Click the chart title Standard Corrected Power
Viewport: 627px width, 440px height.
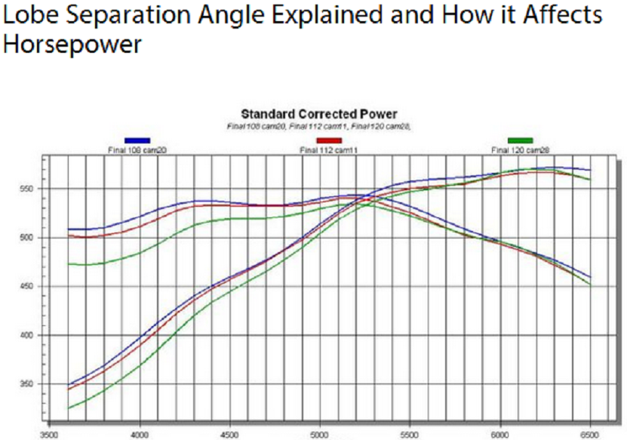tap(318, 115)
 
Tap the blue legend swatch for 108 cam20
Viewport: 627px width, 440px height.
tap(137, 140)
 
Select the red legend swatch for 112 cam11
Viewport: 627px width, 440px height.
tap(329, 140)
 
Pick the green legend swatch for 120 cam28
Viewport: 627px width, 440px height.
tap(520, 140)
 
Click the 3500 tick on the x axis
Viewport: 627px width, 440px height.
tap(48, 435)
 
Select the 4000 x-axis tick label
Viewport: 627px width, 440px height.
tap(139, 435)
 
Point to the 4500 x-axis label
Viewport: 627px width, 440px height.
tap(229, 435)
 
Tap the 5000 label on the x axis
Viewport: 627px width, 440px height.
tap(319, 435)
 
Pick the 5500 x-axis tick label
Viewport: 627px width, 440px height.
tap(409, 435)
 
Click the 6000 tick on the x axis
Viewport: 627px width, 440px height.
tap(499, 435)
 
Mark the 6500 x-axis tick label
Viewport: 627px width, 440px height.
tap(589, 435)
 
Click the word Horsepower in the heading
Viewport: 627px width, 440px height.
tap(72, 45)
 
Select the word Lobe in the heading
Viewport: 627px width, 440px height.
tap(29, 15)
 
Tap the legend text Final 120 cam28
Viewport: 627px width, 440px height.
tap(520, 150)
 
